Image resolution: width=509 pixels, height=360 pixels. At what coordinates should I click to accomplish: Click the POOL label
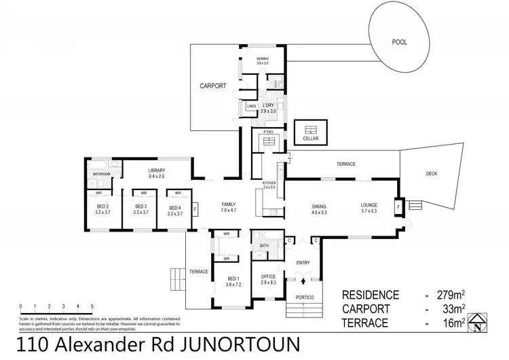pyautogui.click(x=400, y=41)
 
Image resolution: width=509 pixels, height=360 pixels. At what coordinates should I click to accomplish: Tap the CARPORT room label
pyautogui.click(x=212, y=86)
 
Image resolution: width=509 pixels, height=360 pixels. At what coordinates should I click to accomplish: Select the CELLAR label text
pyautogui.click(x=311, y=137)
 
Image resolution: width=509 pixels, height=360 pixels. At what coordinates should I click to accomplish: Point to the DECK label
pyautogui.click(x=432, y=174)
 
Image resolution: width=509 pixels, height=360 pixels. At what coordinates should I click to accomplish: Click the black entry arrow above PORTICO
pyautogui.click(x=303, y=280)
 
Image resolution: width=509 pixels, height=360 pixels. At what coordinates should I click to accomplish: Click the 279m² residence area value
pyautogui.click(x=452, y=295)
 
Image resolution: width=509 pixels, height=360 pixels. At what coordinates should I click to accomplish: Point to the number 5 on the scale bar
pyautogui.click(x=91, y=306)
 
